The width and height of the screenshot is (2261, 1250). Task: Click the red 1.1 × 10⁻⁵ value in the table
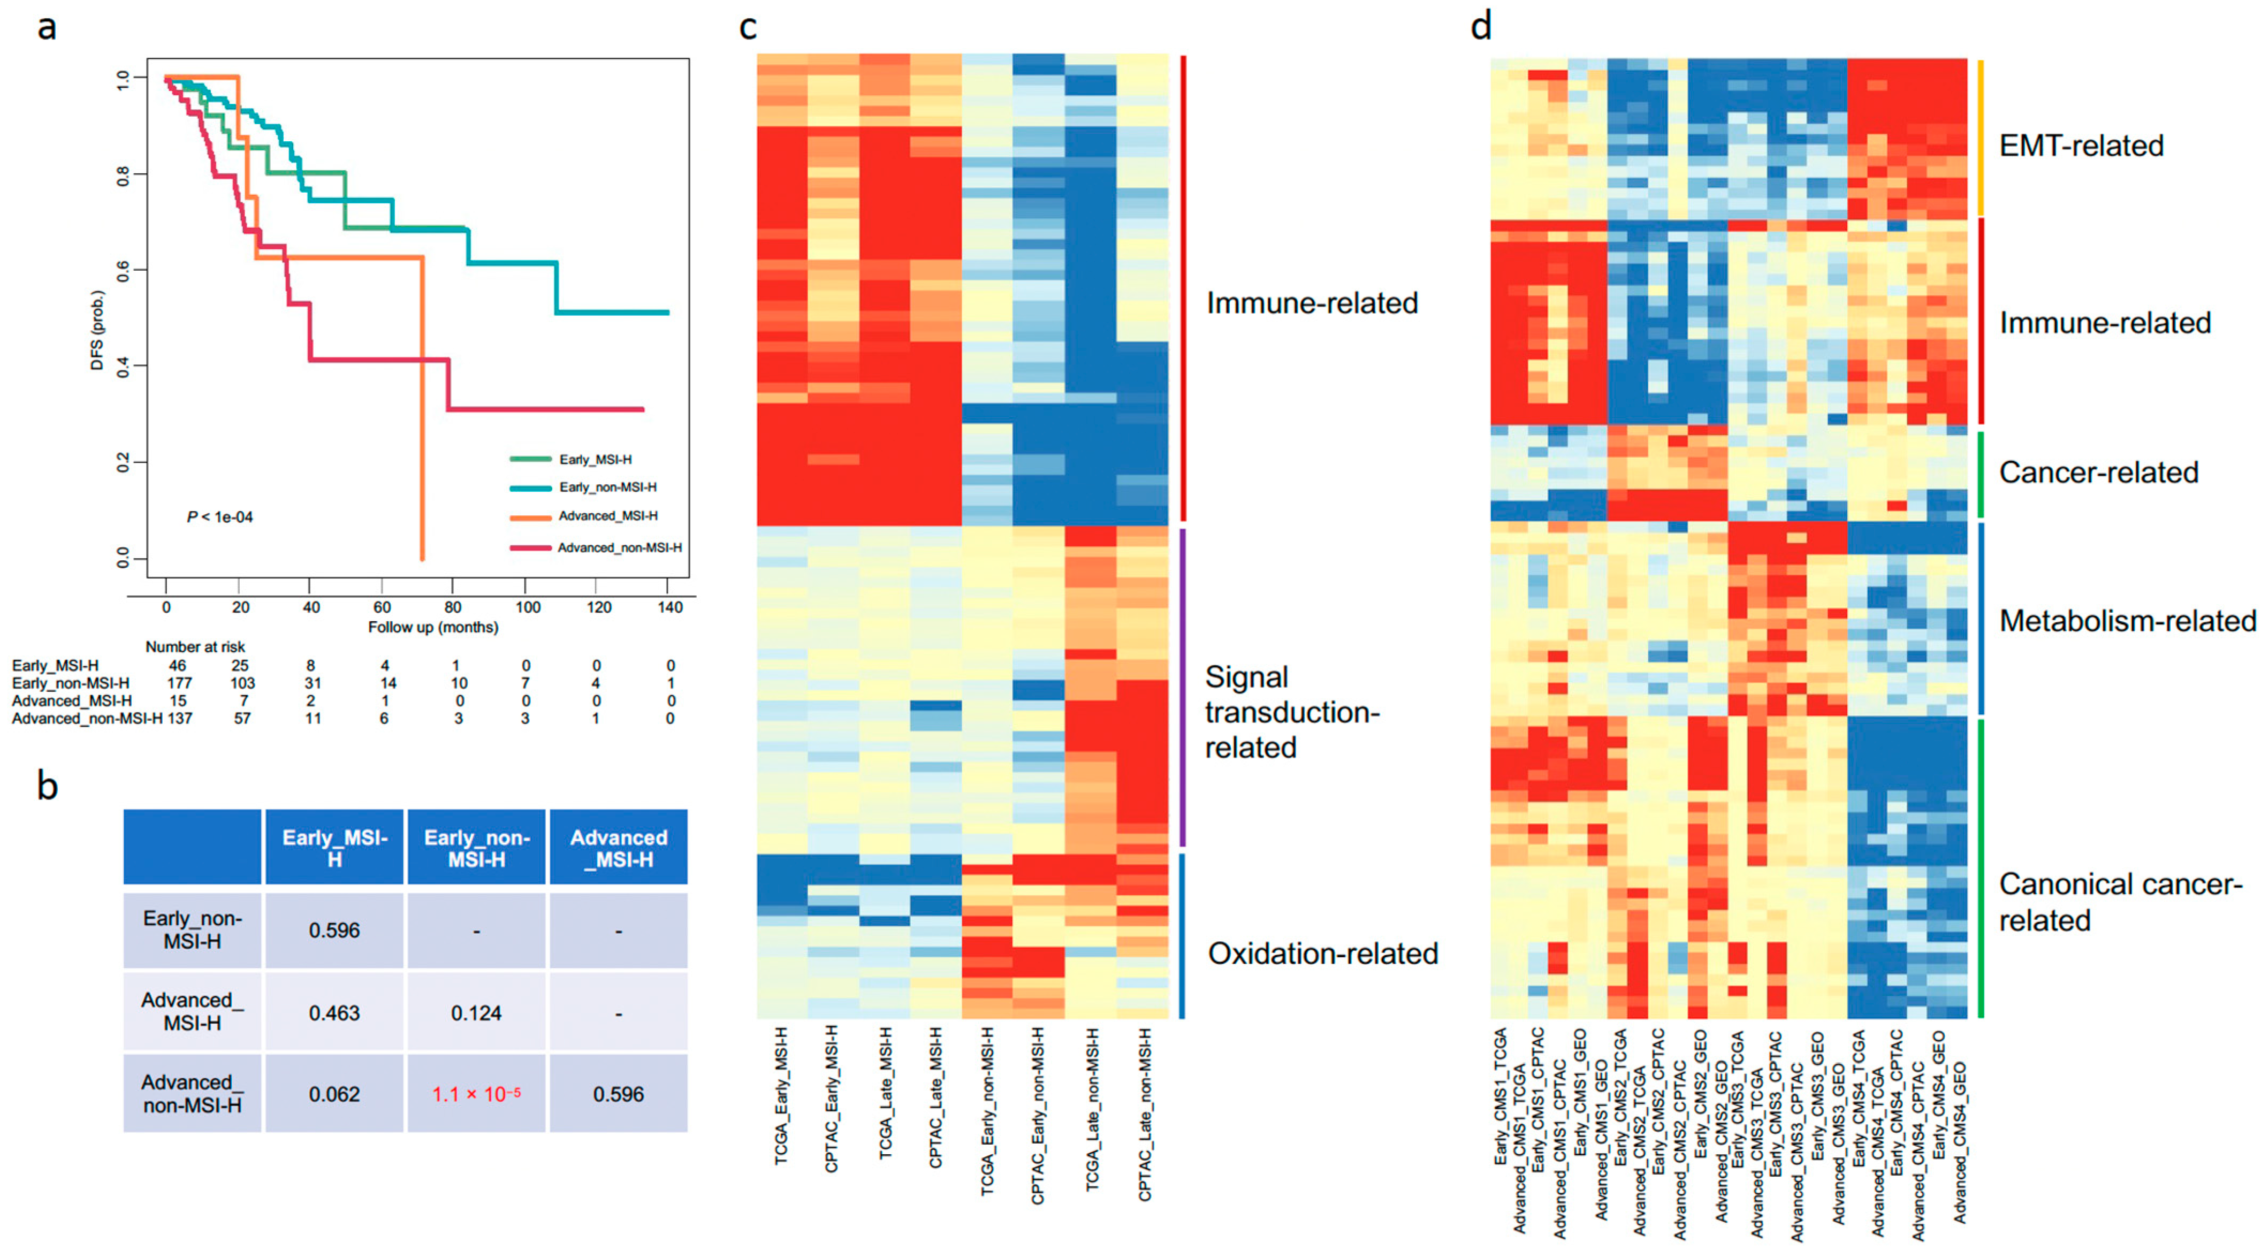click(476, 1094)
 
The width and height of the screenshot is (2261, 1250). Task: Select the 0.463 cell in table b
click(333, 1013)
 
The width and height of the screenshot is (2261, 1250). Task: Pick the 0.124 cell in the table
click(476, 1013)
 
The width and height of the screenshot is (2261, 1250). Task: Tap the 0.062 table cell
click(333, 1094)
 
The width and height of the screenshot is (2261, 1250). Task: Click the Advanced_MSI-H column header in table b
click(619, 848)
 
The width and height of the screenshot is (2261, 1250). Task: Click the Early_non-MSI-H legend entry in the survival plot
click(607, 487)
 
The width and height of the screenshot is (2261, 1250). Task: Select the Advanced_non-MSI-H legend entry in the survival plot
click(619, 548)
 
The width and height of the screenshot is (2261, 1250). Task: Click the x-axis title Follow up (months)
click(433, 627)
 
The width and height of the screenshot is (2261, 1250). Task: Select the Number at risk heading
click(195, 647)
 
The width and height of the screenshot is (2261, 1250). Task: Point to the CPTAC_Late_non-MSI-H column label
click(1145, 1114)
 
